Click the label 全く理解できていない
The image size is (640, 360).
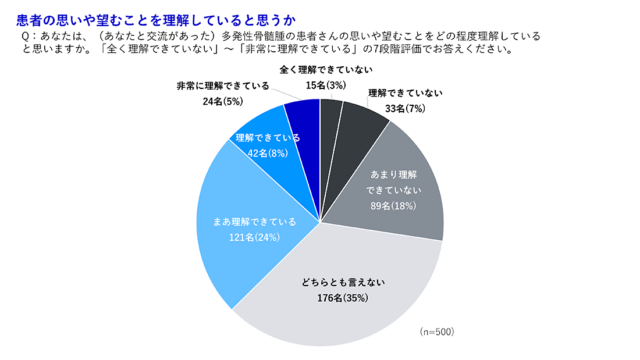point(326,70)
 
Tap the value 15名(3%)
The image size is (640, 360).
point(326,85)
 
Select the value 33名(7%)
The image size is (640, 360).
point(406,108)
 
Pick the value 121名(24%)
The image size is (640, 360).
point(255,237)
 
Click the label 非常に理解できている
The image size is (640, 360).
point(223,85)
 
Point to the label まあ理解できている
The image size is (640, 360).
point(255,222)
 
